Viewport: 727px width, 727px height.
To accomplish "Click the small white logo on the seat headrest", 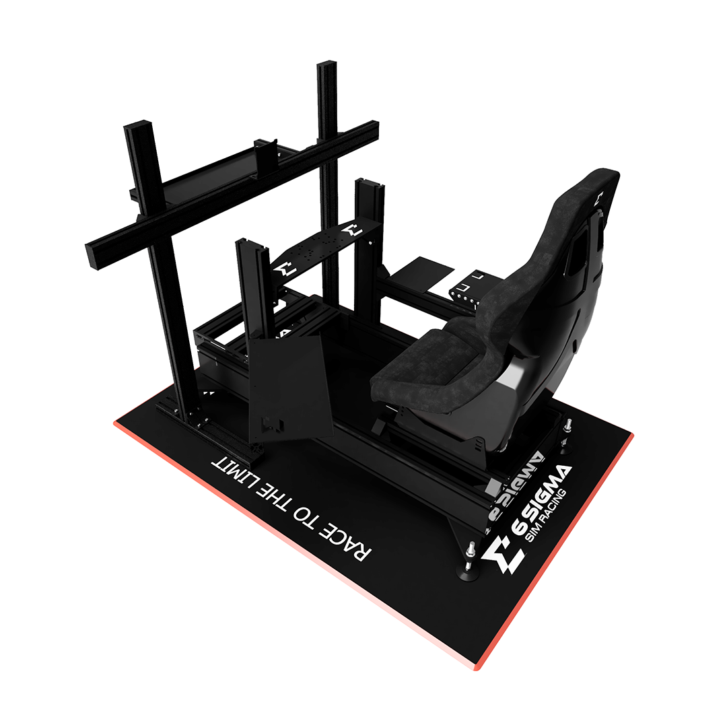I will click(600, 197).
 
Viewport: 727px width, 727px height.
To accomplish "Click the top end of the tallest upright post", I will click(327, 67).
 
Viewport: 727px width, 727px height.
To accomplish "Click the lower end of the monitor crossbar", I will click(94, 256).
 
